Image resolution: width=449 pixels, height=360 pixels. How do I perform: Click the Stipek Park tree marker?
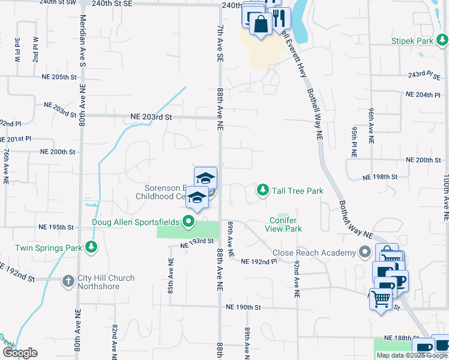[x=442, y=41]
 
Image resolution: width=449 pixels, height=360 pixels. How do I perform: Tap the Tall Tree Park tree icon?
[x=262, y=190]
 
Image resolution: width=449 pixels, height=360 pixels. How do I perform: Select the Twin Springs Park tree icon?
[x=91, y=247]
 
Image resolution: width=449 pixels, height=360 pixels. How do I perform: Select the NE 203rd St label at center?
[x=151, y=117]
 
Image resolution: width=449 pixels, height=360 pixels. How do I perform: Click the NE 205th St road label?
[x=59, y=77]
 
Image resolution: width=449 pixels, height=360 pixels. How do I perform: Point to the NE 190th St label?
[x=243, y=307]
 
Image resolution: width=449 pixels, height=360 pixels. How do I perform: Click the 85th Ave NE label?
[x=171, y=275]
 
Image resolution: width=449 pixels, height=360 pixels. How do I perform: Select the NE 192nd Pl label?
[x=259, y=262]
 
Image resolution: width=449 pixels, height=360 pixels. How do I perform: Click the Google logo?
[x=19, y=353]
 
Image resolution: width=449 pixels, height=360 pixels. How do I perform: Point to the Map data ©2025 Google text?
[x=411, y=355]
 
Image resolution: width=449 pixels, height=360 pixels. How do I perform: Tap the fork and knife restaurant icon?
[x=278, y=18]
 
